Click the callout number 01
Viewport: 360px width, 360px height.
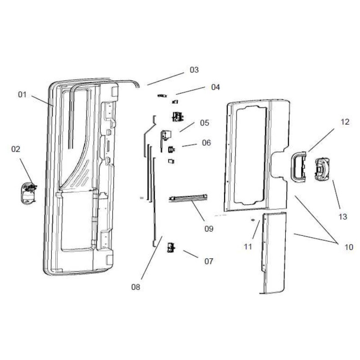pos(22,94)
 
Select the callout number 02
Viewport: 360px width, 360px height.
pos(16,149)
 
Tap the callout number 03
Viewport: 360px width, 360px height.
pos(194,70)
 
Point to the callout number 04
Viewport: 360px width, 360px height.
pos(216,87)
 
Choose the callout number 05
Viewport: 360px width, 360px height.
pos(205,122)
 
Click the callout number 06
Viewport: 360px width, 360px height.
pos(206,143)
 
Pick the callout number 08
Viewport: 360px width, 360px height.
pos(135,287)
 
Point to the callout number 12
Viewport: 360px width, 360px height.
pos(345,122)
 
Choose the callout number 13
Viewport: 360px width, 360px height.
pos(343,216)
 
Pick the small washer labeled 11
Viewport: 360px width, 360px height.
pos(253,220)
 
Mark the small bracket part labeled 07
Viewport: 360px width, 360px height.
pos(171,246)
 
